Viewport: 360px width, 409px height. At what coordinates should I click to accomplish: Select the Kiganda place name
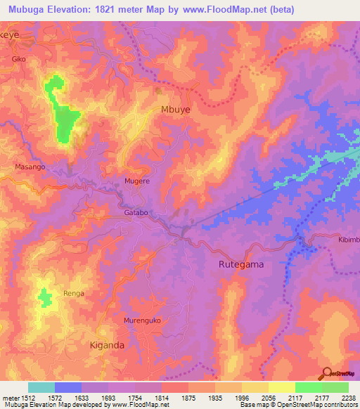[108, 345]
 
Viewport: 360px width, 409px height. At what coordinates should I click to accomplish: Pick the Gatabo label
[138, 212]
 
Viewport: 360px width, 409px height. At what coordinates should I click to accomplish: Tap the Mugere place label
[137, 181]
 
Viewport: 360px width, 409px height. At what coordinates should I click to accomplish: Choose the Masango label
[30, 167]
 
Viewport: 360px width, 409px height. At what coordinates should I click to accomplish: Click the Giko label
[19, 60]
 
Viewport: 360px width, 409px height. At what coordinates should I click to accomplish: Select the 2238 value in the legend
[348, 398]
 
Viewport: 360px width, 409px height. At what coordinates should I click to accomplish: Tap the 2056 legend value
[267, 398]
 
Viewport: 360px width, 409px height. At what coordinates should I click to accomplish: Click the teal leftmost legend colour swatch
[41, 387]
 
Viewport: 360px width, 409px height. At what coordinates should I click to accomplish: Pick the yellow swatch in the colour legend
[281, 387]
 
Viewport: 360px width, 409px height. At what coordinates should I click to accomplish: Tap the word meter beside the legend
[9, 398]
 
